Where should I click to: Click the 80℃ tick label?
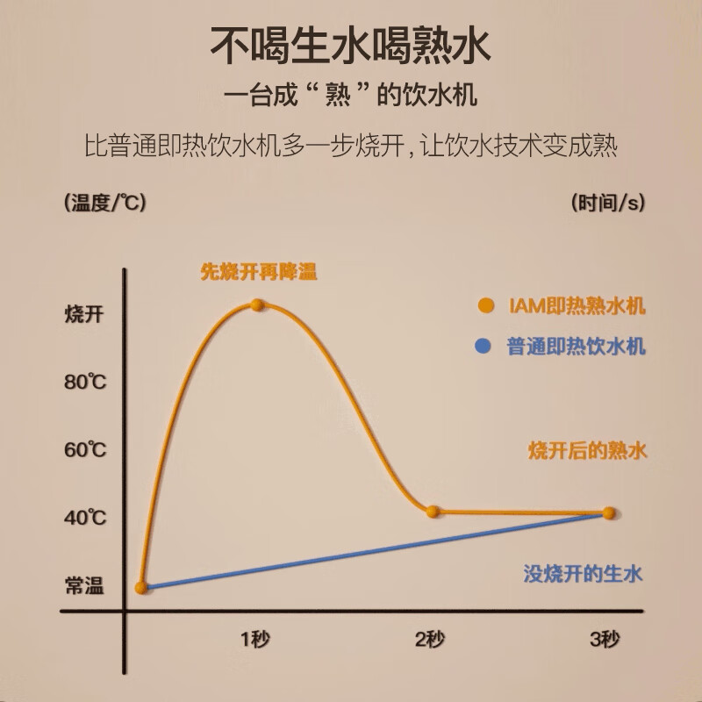(x=85, y=382)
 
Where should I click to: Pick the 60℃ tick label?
(x=85, y=450)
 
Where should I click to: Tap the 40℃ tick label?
(x=85, y=518)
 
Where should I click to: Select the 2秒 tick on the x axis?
(x=429, y=638)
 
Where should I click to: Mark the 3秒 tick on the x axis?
(x=604, y=638)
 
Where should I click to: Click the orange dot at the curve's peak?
(x=257, y=304)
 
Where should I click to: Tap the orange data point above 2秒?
(x=432, y=511)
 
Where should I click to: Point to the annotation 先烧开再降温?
(x=259, y=273)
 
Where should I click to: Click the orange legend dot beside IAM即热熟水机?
(x=484, y=305)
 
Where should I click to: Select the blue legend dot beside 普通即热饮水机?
(x=484, y=347)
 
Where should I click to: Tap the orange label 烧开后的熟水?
(x=587, y=451)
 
